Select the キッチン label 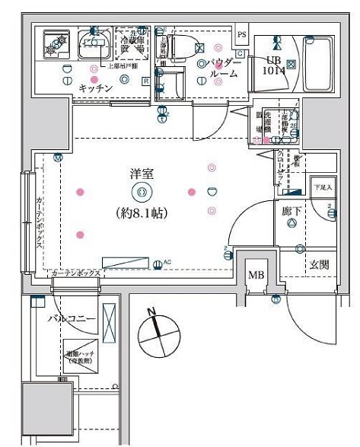pos(96,89)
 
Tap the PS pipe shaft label pos(242,34)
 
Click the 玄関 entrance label pos(319,265)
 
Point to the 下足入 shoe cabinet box pos(323,187)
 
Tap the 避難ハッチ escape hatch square pos(80,356)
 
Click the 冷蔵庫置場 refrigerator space pos(130,43)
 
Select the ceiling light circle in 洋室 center pos(140,193)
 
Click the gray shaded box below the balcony pos(46,410)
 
